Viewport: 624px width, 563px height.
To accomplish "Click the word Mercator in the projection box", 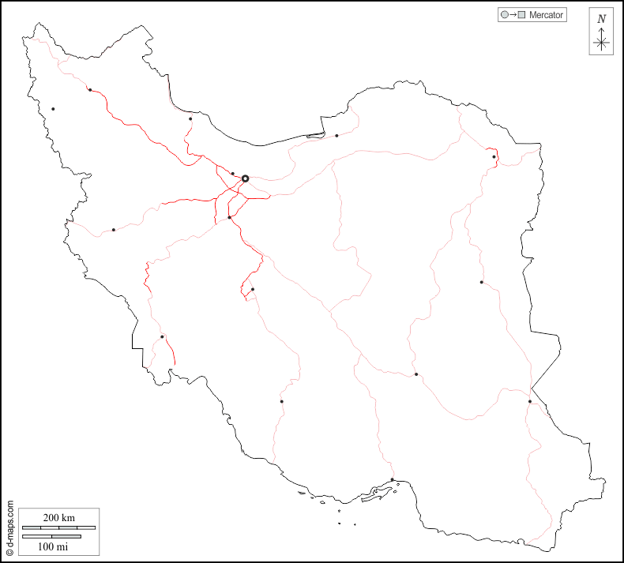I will (546, 15).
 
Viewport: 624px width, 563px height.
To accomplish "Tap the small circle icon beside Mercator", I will (503, 15).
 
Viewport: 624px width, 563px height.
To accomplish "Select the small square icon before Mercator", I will (521, 15).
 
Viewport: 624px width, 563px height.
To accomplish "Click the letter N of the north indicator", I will (601, 19).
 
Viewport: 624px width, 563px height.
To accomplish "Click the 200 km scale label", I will (58, 517).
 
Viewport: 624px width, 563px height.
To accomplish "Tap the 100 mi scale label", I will (52, 546).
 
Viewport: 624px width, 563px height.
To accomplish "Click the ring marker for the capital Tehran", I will (245, 179).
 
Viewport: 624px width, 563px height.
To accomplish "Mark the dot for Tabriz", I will (90, 90).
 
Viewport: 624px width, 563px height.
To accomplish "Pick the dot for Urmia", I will (53, 109).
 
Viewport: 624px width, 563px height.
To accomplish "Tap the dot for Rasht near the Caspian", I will (190, 119).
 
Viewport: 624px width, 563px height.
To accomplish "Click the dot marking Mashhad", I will (494, 157).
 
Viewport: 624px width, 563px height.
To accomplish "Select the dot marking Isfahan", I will (253, 290).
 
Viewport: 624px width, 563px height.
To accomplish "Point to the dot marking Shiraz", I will (281, 401).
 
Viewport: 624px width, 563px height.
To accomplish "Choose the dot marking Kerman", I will (416, 374).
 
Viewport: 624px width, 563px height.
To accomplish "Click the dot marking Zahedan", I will (530, 402).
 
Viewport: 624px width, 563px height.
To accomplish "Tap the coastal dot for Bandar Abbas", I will (393, 479).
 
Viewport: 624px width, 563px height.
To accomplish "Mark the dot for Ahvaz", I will (162, 337).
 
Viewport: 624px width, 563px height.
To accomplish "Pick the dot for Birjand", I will (481, 282).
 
